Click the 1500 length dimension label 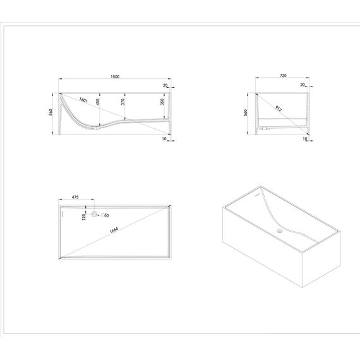(115, 76)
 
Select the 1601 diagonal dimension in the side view (83, 100)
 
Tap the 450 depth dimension (97, 102)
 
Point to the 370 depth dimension (123, 102)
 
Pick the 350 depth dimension (162, 102)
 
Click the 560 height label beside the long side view (51, 112)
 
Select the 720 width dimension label (283, 76)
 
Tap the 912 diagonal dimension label (279, 109)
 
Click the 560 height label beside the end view (246, 112)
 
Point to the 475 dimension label (75, 197)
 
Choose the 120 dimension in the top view (83, 217)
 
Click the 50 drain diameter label (106, 215)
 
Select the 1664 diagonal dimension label (114, 230)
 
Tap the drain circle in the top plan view (94, 214)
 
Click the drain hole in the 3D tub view (279, 231)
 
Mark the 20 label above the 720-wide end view (303, 85)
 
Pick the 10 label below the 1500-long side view (164, 139)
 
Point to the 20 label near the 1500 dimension (165, 85)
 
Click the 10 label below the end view (304, 139)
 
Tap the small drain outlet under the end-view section (264, 128)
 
